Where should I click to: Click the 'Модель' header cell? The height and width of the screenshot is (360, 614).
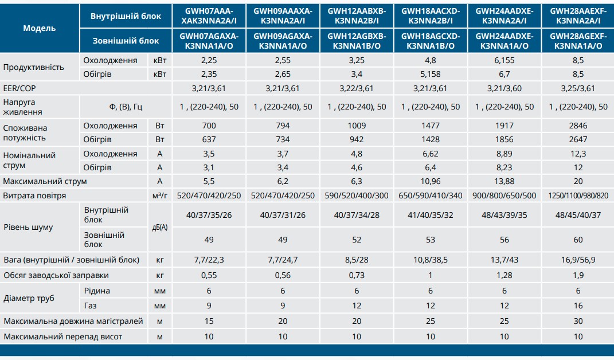pyautogui.click(x=40, y=28)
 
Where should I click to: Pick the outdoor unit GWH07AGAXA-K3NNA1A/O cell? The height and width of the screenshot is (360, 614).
pyautogui.click(x=209, y=41)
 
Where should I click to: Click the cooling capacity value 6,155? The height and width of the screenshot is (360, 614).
pyautogui.click(x=504, y=60)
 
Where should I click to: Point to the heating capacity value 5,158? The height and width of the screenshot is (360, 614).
pyautogui.click(x=430, y=74)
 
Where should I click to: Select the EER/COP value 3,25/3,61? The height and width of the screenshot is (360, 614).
pyautogui.click(x=578, y=88)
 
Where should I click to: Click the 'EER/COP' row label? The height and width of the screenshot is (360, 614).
pyautogui.click(x=19, y=88)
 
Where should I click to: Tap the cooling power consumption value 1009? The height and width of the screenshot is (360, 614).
pyautogui.click(x=356, y=126)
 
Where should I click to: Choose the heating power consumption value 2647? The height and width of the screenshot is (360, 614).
pyautogui.click(x=578, y=139)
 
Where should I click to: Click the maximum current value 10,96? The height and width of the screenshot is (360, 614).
pyautogui.click(x=430, y=181)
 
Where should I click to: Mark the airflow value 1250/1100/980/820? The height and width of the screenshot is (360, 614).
pyautogui.click(x=578, y=195)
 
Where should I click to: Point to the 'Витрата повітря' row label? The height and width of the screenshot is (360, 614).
pyautogui.click(x=34, y=195)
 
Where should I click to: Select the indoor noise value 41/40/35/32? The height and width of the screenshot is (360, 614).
pyautogui.click(x=430, y=215)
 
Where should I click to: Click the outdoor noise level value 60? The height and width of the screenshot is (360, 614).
pyautogui.click(x=578, y=240)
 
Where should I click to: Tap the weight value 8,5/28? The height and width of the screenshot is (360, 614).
pyautogui.click(x=356, y=260)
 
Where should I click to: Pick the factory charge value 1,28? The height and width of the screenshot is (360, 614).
pyautogui.click(x=504, y=275)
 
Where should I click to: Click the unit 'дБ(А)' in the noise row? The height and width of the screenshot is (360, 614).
pyautogui.click(x=160, y=227)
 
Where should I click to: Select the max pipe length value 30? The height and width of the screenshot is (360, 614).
pyautogui.click(x=578, y=322)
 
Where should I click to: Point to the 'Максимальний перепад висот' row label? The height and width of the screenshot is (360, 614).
pyautogui.click(x=62, y=336)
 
